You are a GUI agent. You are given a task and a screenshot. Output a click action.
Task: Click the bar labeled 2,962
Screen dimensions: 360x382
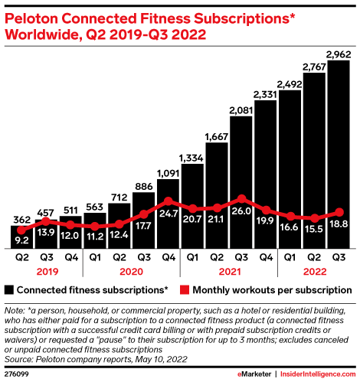[339, 155]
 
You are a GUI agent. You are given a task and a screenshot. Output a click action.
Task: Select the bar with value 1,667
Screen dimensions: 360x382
[217, 195]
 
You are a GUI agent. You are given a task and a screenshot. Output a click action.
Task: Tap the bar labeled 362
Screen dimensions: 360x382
[21, 237]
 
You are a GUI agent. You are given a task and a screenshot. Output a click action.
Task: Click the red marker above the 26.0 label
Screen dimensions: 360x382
[241, 199]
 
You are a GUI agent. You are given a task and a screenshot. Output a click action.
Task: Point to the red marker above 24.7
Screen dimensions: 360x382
[169, 201]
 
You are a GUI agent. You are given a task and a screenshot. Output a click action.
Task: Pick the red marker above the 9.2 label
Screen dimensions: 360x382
[21, 230]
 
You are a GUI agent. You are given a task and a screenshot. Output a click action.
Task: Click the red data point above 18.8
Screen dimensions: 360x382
[339, 212]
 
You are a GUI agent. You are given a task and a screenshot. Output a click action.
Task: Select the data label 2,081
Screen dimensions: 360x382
[241, 110]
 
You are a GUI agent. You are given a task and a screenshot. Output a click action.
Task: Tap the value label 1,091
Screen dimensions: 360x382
[168, 174]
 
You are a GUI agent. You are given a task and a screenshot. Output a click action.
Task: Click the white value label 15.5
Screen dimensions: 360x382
[314, 229]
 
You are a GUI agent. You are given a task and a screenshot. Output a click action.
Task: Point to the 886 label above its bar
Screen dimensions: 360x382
[144, 187]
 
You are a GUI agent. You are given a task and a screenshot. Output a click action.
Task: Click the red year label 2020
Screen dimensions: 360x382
[131, 272]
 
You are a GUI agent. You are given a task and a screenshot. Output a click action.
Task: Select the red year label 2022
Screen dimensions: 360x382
[315, 272]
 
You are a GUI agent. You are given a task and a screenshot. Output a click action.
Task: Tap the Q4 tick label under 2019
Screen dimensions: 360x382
[71, 257]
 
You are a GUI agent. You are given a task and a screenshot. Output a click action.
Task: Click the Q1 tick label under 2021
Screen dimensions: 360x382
[192, 257]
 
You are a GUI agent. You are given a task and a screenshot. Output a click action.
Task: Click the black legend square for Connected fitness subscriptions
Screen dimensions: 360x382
[9, 290]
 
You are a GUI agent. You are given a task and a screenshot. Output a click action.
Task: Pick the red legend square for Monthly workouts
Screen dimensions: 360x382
[185, 290]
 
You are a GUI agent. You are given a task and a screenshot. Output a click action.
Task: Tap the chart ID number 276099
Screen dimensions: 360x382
[17, 374]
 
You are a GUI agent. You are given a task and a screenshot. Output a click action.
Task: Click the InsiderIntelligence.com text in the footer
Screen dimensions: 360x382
[318, 374]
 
